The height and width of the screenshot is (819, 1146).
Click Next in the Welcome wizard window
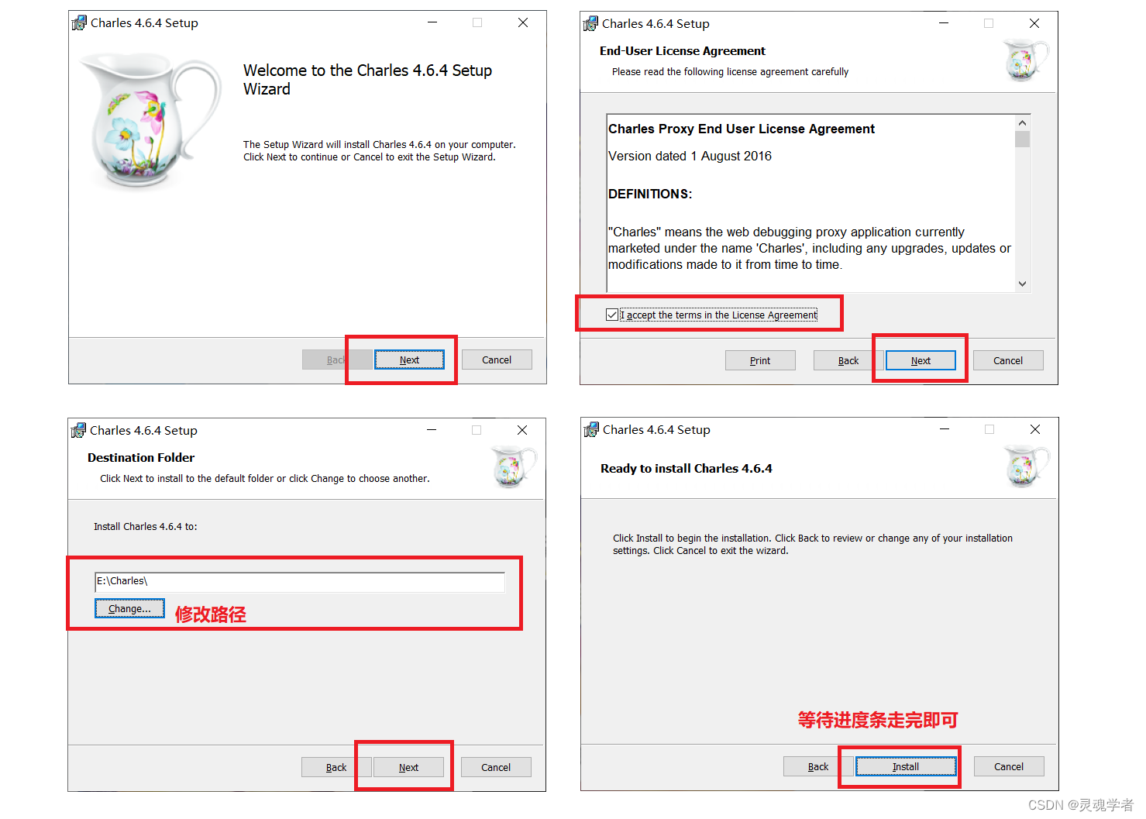(409, 360)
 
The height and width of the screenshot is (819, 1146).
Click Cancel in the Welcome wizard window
(496, 360)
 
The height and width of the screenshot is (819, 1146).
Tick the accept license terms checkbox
(611, 315)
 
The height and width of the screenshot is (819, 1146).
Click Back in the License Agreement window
(848, 360)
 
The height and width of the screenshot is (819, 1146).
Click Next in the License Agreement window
(921, 360)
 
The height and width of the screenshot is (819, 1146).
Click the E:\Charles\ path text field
(300, 582)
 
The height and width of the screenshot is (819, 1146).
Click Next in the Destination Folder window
(408, 767)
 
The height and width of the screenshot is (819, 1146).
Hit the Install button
(906, 766)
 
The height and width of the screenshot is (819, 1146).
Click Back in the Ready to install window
(817, 766)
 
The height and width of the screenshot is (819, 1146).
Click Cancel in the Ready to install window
(1008, 766)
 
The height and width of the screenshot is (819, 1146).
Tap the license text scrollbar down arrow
(1022, 284)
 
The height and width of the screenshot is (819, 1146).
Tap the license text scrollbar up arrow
(1022, 122)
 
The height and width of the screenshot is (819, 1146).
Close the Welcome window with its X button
(523, 22)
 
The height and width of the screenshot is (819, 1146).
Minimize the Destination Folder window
(432, 430)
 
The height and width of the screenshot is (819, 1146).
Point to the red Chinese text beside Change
(210, 614)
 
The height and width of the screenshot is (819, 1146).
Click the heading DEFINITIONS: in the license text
(650, 194)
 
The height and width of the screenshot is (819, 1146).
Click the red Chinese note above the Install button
(878, 721)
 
